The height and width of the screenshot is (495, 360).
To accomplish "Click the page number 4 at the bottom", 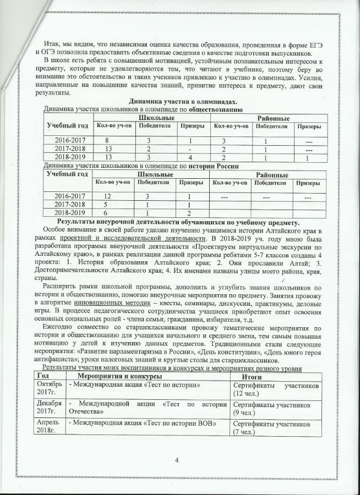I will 177,460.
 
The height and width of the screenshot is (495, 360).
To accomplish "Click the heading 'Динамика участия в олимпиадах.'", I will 175,102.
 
